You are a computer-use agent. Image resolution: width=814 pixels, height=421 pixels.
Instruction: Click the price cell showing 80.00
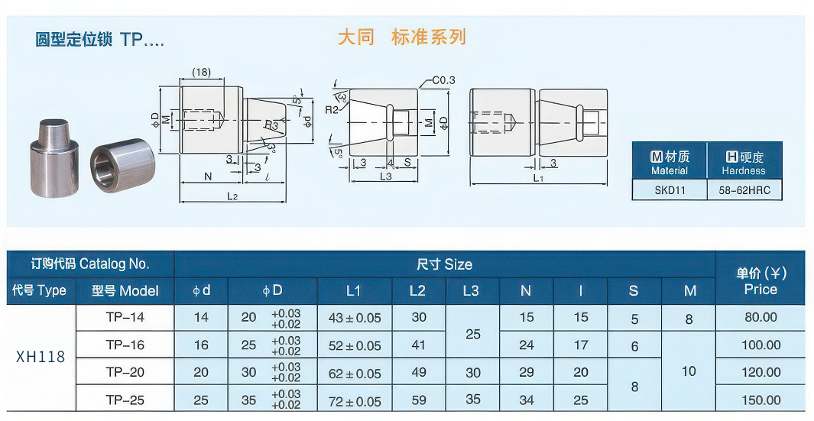point(760,318)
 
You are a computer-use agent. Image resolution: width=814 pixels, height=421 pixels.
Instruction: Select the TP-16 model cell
point(125,345)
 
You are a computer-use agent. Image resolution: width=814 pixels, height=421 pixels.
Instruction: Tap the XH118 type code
point(41,357)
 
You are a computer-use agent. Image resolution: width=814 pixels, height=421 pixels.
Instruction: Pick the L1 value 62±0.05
point(355,374)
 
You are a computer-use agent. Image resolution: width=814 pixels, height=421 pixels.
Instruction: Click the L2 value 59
point(419,400)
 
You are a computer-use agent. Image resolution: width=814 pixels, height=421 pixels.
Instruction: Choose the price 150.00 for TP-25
point(760,400)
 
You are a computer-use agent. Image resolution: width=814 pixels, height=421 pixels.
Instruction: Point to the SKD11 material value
point(670,190)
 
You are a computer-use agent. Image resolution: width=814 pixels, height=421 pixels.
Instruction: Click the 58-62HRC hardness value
point(743,190)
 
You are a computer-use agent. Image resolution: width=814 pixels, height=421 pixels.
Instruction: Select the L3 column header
point(472,290)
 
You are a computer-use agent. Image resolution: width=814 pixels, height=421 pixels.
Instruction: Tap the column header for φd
point(202,290)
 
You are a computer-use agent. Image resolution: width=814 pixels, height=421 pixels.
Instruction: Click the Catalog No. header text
point(90,264)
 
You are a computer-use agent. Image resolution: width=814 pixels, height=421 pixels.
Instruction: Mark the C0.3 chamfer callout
point(443,80)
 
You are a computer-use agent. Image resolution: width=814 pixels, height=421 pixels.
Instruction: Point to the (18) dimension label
point(202,73)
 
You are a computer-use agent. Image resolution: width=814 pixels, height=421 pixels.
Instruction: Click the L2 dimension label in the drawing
point(232,196)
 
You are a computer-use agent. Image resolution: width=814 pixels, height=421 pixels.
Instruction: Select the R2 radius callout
point(331,110)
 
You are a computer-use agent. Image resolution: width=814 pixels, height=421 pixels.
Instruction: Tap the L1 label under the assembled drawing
point(538,178)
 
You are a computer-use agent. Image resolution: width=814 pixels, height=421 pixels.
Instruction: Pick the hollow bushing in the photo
point(122,166)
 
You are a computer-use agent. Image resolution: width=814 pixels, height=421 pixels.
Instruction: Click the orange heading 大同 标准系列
point(401,37)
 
